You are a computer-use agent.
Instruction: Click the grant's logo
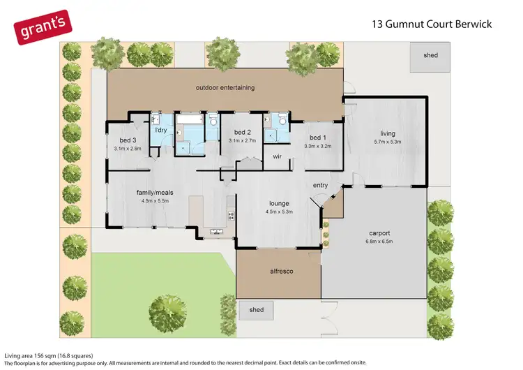pyautogui.click(x=43, y=27)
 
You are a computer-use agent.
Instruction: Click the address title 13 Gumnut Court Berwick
pyautogui.click(x=432, y=24)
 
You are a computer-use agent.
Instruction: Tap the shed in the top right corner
pyautogui.click(x=430, y=57)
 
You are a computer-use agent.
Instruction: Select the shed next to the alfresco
pyautogui.click(x=256, y=310)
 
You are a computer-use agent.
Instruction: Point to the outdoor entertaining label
pyautogui.click(x=225, y=87)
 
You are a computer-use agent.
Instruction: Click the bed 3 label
pyautogui.click(x=128, y=140)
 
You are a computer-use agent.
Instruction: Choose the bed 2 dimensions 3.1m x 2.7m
pyautogui.click(x=242, y=140)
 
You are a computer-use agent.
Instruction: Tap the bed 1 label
pyautogui.click(x=318, y=138)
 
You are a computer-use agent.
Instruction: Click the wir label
pyautogui.click(x=277, y=156)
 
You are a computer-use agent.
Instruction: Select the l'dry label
pyautogui.click(x=161, y=130)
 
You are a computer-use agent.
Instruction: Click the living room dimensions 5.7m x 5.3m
pyautogui.click(x=388, y=142)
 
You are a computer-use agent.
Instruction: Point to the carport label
pyautogui.click(x=379, y=233)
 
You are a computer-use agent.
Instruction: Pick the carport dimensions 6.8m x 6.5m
pyautogui.click(x=379, y=241)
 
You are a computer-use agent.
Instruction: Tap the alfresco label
pyautogui.click(x=282, y=271)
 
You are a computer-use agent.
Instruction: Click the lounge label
pyautogui.click(x=279, y=203)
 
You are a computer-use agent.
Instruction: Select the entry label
pyautogui.click(x=320, y=185)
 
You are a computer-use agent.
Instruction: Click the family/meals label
pyautogui.click(x=155, y=193)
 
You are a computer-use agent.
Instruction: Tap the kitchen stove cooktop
pyautogui.click(x=231, y=216)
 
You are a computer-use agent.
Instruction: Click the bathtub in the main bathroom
pyautogui.click(x=190, y=119)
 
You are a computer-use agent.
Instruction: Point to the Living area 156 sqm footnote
pyautogui.click(x=49, y=355)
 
